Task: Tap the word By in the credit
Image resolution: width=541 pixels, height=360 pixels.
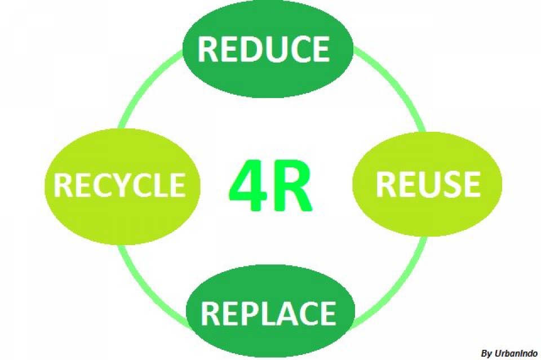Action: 487,353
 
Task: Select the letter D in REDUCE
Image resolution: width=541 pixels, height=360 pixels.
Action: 250,49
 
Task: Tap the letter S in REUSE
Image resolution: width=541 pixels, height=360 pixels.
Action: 450,184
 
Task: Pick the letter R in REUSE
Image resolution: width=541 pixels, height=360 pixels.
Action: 386,184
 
